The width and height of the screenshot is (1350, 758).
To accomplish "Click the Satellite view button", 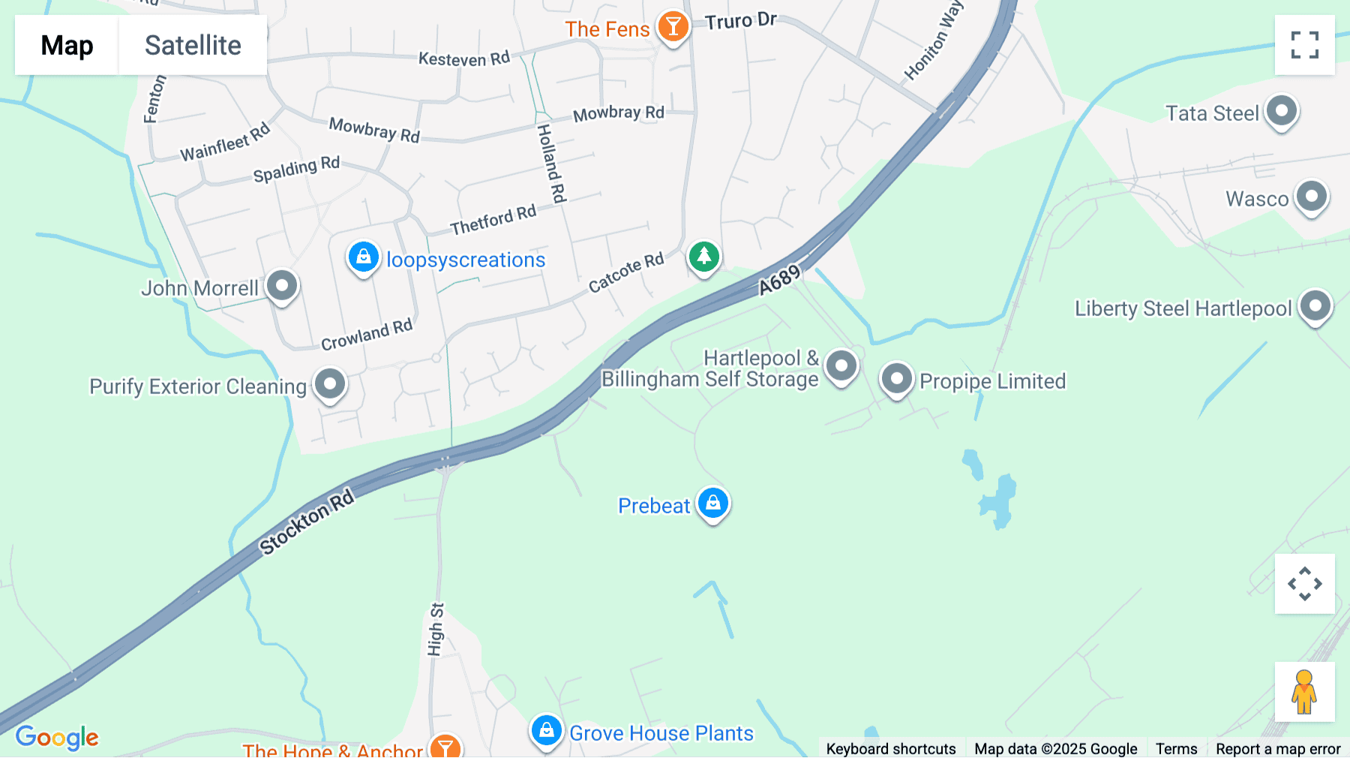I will tap(193, 45).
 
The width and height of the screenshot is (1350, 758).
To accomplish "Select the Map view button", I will tap(67, 45).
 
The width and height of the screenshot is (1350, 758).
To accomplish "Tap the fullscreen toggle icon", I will tap(1304, 45).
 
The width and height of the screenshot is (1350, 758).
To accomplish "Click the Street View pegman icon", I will tap(1304, 692).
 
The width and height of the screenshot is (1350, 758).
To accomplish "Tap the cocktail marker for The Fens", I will tap(673, 27).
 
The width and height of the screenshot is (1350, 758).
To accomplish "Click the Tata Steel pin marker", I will tap(1282, 111).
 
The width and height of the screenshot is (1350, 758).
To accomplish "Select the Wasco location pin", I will tap(1312, 197).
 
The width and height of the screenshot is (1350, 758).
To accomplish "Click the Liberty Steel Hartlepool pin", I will tap(1315, 306).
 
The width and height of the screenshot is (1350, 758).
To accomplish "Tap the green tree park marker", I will tap(703, 257).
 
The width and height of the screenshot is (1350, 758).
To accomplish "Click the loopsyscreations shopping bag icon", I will tap(364, 257).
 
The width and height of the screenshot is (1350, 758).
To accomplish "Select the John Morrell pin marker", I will tap(282, 286).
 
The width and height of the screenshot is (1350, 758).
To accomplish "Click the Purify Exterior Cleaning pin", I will tap(330, 384).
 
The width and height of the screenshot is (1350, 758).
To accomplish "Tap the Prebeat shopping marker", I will tap(713, 503).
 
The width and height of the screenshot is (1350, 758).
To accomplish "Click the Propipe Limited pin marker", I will tap(896, 378).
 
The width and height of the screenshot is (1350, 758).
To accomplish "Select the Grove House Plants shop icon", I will tap(546, 730).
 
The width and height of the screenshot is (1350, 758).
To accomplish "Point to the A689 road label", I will tap(780, 281).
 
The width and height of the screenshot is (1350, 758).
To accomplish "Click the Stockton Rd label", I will tap(306, 522).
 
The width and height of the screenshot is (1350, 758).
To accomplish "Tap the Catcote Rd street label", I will tap(626, 272).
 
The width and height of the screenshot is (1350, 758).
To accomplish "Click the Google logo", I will tap(57, 737).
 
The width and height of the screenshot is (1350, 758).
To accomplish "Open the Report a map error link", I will tap(1278, 748).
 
